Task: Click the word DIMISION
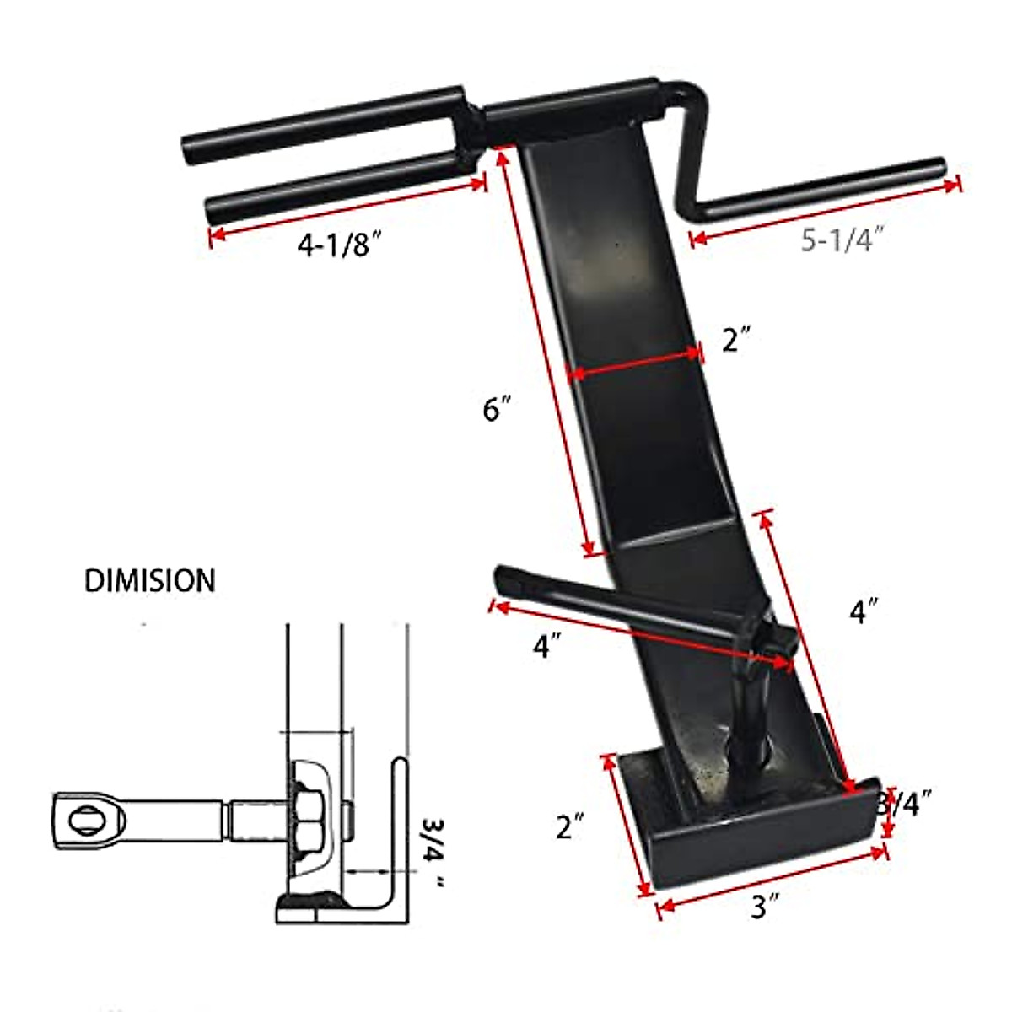coord(149,580)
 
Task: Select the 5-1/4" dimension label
coord(841,240)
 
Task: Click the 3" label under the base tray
coord(764,907)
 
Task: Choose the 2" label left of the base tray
coord(570,827)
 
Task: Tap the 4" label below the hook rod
coord(546,647)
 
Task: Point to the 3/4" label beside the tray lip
coord(904,803)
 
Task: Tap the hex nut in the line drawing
coord(306,818)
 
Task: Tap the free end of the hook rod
coord(503,577)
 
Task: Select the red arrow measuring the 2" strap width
coord(634,364)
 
